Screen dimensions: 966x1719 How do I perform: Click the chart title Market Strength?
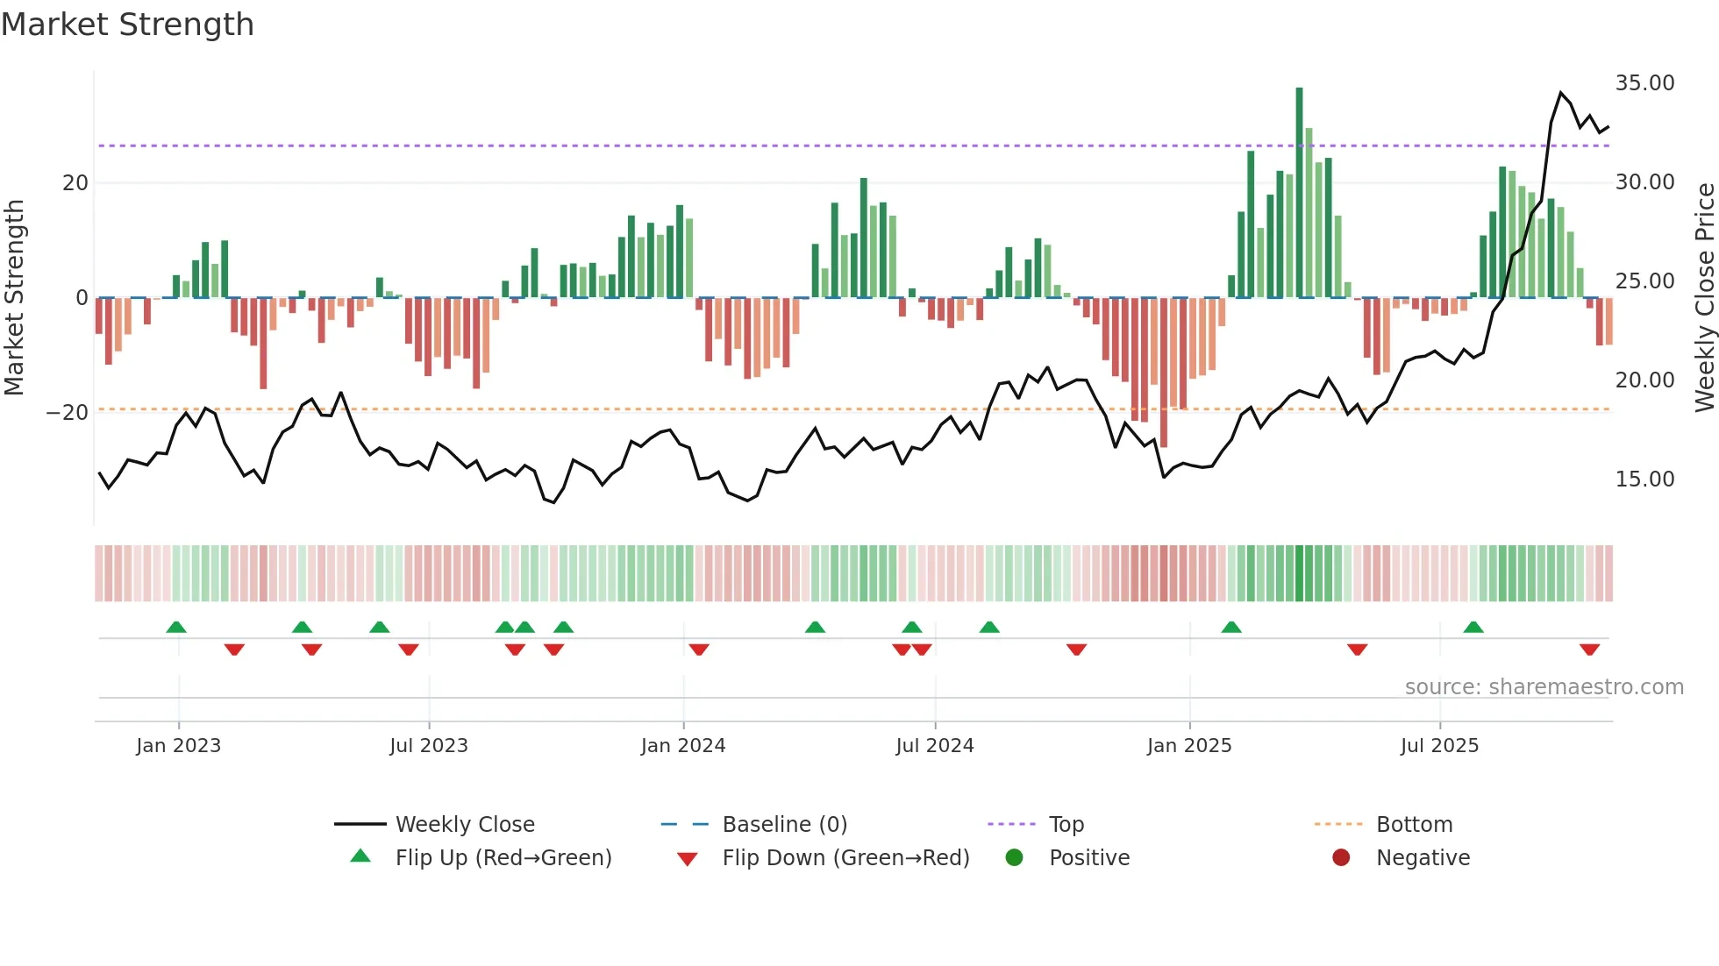(127, 25)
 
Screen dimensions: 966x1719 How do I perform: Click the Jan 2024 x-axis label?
(683, 746)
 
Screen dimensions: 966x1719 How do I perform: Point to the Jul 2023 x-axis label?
(429, 746)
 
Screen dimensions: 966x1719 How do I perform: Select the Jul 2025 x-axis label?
(1439, 746)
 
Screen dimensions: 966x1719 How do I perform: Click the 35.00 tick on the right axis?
(1644, 83)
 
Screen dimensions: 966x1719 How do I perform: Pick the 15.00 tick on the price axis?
(1644, 479)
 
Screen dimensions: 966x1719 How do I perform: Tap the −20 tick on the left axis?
(68, 413)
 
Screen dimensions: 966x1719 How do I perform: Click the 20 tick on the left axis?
(75, 183)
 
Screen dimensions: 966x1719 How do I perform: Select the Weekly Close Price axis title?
(1704, 298)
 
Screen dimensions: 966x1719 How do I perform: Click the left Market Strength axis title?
(14, 298)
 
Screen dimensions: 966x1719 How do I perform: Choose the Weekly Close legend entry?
(464, 825)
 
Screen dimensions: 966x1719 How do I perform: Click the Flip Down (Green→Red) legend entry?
(845, 858)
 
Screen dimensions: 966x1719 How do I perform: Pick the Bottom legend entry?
(1414, 825)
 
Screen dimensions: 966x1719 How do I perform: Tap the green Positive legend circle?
(1014, 858)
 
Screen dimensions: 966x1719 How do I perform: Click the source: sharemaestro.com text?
(1544, 687)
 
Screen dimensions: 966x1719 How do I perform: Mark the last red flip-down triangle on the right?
(1589, 650)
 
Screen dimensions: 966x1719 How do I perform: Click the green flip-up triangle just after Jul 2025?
(1473, 628)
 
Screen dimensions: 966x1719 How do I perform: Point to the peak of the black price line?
(1560, 93)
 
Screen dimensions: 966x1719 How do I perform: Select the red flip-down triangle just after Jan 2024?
(699, 650)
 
